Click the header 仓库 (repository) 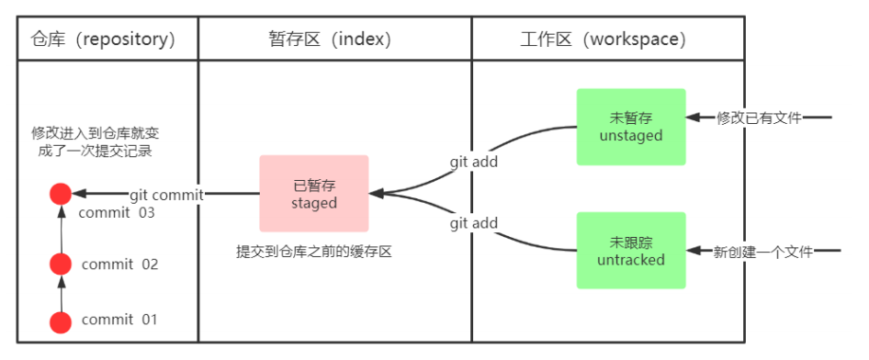[x=103, y=39]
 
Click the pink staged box [x=314, y=193]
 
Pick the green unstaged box [x=631, y=127]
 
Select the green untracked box [x=631, y=251]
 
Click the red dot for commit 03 [x=61, y=194]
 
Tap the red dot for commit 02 [x=61, y=265]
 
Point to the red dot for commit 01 [x=61, y=321]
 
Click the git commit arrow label [x=165, y=194]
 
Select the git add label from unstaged [x=473, y=162]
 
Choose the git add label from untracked [x=473, y=224]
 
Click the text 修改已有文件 [x=759, y=118]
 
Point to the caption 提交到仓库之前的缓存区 [x=314, y=251]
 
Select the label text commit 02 [x=119, y=265]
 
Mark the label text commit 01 [x=119, y=321]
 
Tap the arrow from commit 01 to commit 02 [x=61, y=294]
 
